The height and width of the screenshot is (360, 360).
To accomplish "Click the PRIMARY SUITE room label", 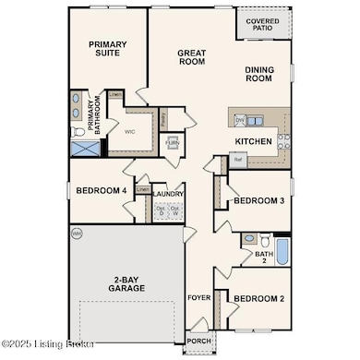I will click(107, 50).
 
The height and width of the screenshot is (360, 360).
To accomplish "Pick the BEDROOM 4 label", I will click(101, 190).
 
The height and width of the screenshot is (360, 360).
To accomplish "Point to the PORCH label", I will click(198, 339).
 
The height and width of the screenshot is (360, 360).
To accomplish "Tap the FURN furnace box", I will click(172, 144).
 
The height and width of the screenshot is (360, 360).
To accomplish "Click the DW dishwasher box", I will click(239, 120).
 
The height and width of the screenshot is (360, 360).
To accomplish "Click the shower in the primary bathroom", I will click(80, 150).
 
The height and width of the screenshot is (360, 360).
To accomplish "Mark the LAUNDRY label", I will click(167, 194).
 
